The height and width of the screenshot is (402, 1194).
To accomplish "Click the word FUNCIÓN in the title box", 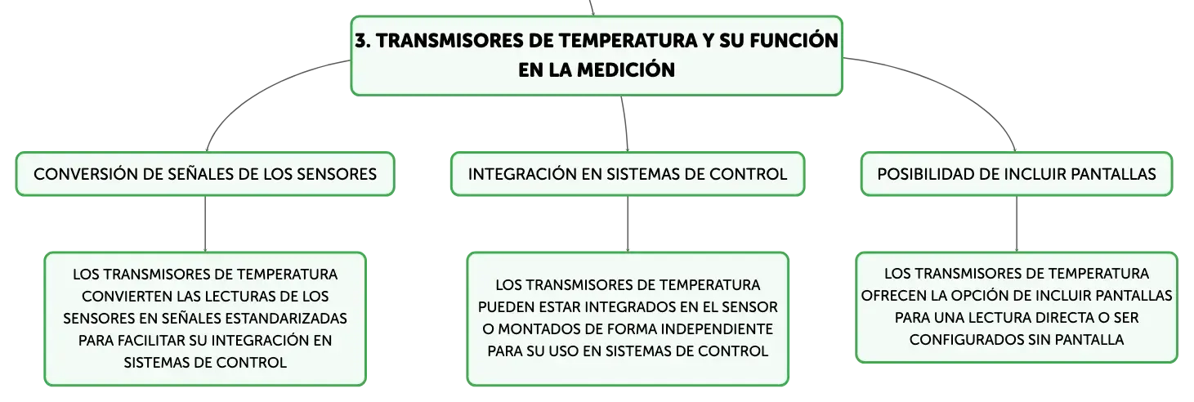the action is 794,41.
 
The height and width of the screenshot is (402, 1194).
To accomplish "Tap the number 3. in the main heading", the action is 363,41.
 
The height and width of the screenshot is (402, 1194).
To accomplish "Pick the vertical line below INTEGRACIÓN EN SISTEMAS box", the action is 628,224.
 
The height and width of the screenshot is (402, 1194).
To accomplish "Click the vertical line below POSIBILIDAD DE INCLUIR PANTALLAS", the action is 1017,224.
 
